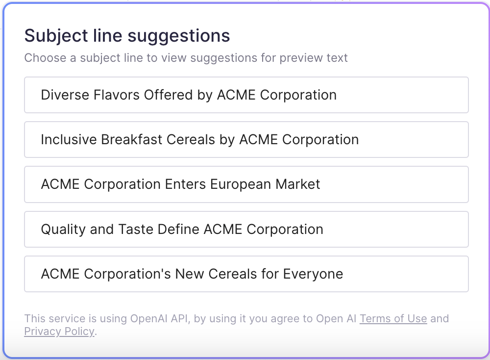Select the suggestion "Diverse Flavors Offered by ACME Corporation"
coord(246,95)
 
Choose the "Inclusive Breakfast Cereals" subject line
coord(246,140)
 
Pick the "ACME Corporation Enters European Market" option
coord(246,184)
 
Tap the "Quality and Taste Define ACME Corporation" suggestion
coord(246,230)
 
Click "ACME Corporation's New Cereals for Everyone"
coord(246,274)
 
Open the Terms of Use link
coord(393,319)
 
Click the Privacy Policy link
coord(59,332)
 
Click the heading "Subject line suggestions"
coord(127,36)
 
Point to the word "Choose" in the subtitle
coord(45,58)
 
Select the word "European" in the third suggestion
coord(241,184)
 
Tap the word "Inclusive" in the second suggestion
coord(69,140)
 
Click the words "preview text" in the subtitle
coord(314,58)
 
